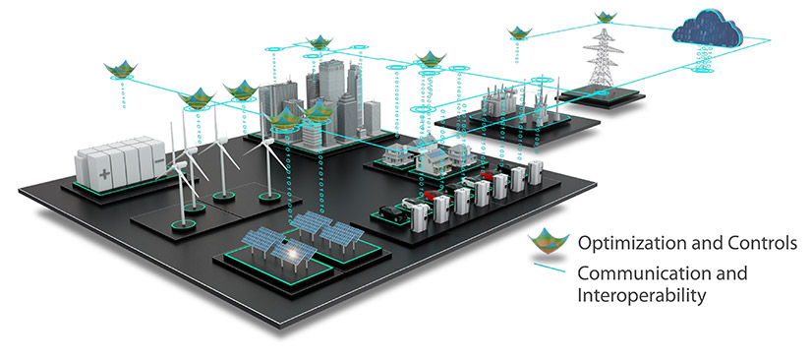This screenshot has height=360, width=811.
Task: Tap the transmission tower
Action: pyautogui.click(x=602, y=59)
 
